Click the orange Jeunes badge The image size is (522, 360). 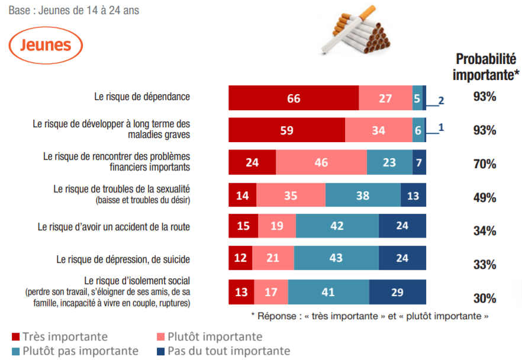click(x=46, y=45)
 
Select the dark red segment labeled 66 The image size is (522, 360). click(x=294, y=98)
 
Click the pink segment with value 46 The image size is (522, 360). click(x=321, y=162)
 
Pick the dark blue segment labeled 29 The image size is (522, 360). click(x=397, y=292)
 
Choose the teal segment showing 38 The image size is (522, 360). click(x=363, y=195)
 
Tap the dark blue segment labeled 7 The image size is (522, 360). click(x=419, y=162)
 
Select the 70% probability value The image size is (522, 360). click(x=485, y=164)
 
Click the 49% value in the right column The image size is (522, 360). click(x=485, y=198)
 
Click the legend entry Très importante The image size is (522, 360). click(x=59, y=337)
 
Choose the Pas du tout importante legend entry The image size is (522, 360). click(x=223, y=351)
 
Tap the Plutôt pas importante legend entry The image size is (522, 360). click(x=75, y=351)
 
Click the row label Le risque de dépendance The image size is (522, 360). click(x=141, y=96)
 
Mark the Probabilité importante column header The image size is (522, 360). click(x=485, y=67)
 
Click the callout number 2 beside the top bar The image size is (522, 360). click(x=441, y=101)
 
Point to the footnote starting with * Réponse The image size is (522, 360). click(x=370, y=316)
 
